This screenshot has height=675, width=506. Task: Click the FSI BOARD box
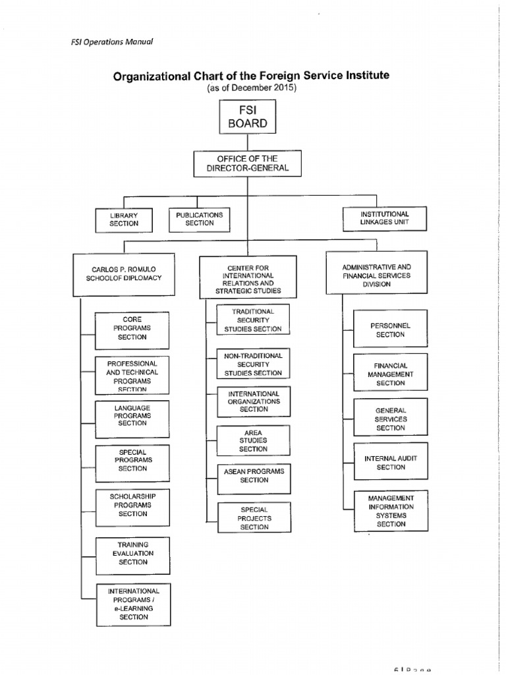[248, 117]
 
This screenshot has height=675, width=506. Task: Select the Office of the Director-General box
[247, 163]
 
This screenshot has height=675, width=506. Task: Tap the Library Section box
[124, 219]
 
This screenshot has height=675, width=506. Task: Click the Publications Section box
[200, 219]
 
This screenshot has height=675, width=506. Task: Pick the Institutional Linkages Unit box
[385, 218]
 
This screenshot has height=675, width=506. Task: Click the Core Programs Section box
[132, 328]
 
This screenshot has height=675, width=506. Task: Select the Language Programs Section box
[132, 417]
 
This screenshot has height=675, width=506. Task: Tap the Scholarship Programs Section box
[132, 505]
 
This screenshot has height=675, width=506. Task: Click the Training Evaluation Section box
[132, 554]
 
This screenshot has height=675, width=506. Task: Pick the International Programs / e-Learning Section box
[132, 604]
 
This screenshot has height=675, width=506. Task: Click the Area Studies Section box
[253, 440]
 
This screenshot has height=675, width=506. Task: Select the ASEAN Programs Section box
[253, 476]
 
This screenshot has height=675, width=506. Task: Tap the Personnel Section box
[390, 330]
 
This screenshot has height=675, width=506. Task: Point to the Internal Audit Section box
[390, 463]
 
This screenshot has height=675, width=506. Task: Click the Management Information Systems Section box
[390, 511]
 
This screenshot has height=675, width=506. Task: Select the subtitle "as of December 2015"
[252, 88]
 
